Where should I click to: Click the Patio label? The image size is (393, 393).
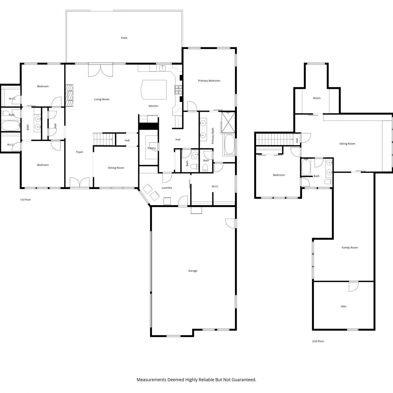point(124,38)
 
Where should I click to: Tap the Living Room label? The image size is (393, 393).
point(102,99)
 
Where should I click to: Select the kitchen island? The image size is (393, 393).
point(154,90)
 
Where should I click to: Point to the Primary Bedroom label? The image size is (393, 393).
point(209,81)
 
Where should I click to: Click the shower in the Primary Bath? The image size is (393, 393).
point(228,122)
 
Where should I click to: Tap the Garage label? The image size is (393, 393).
point(193,271)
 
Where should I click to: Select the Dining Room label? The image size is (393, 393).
point(116,168)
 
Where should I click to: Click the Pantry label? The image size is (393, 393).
point(151,148)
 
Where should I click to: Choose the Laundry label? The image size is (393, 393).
point(167,188)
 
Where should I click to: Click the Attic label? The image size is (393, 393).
point(344,307)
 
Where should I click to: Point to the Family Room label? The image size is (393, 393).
point(350,248)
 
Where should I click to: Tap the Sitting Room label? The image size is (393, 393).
point(347,144)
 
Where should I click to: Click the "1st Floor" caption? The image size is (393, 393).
point(25,200)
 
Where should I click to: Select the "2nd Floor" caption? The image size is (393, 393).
point(318,341)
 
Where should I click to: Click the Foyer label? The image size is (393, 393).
point(80,152)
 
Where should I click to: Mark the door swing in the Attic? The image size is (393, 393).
point(353,287)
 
